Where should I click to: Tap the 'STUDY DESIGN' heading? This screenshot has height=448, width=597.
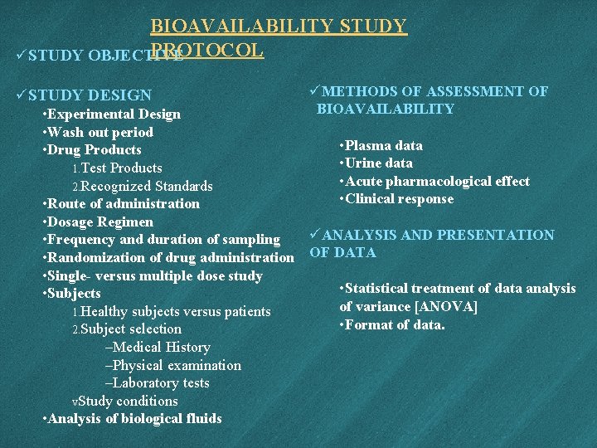click(x=90, y=95)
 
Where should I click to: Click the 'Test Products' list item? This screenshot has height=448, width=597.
click(x=117, y=168)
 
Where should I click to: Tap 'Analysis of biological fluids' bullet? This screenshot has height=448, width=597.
click(x=132, y=418)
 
